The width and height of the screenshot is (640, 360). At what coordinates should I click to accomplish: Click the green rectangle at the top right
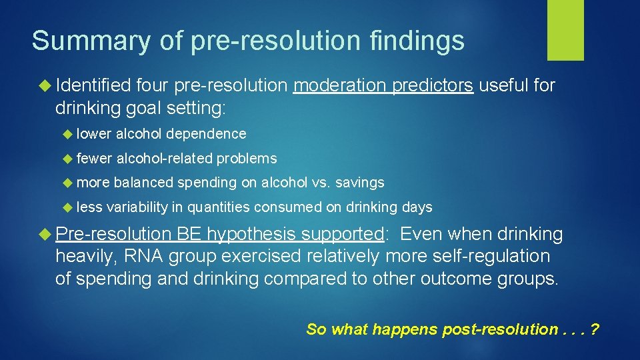tap(565, 30)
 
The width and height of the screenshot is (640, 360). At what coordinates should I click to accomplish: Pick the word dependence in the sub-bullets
tap(206, 134)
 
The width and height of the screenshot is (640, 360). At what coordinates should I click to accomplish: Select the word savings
tap(360, 183)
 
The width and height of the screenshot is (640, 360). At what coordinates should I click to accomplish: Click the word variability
tap(137, 207)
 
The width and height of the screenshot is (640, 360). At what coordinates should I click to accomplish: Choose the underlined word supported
tap(342, 235)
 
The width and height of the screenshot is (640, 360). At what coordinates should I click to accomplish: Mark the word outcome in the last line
tap(453, 279)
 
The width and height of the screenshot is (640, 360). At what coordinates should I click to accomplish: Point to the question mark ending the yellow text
tap(595, 329)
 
